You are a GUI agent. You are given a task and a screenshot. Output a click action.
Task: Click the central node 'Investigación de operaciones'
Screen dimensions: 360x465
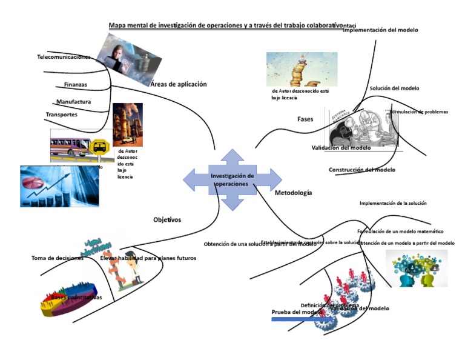(232, 179)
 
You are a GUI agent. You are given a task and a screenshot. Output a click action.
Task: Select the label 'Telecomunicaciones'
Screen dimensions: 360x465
(64, 57)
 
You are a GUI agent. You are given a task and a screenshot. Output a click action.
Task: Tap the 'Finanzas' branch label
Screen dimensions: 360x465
(76, 85)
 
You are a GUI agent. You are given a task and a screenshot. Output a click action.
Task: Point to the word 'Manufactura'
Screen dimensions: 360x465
(73, 102)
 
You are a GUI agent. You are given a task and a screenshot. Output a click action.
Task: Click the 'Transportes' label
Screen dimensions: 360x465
(61, 115)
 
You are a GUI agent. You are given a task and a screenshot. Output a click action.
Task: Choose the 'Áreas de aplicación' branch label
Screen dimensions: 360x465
(179, 84)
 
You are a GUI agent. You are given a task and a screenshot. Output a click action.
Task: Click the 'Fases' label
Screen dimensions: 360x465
(305, 119)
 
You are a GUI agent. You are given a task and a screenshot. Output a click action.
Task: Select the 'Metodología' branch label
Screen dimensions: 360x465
(293, 193)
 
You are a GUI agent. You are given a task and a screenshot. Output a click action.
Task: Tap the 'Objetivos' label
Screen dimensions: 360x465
(167, 219)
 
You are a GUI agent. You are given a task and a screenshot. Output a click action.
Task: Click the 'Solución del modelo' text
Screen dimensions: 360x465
(394, 88)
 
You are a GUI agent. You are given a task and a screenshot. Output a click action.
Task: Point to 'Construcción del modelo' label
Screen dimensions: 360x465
(362, 170)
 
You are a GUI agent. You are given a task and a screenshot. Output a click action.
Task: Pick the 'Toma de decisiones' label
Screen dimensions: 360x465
(58, 258)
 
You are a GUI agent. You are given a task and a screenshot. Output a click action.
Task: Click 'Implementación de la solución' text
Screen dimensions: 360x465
(393, 203)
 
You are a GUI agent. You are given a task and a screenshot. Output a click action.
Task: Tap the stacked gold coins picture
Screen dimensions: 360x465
(302, 69)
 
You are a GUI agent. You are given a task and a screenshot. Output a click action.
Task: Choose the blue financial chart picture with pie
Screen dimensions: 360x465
(59, 186)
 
